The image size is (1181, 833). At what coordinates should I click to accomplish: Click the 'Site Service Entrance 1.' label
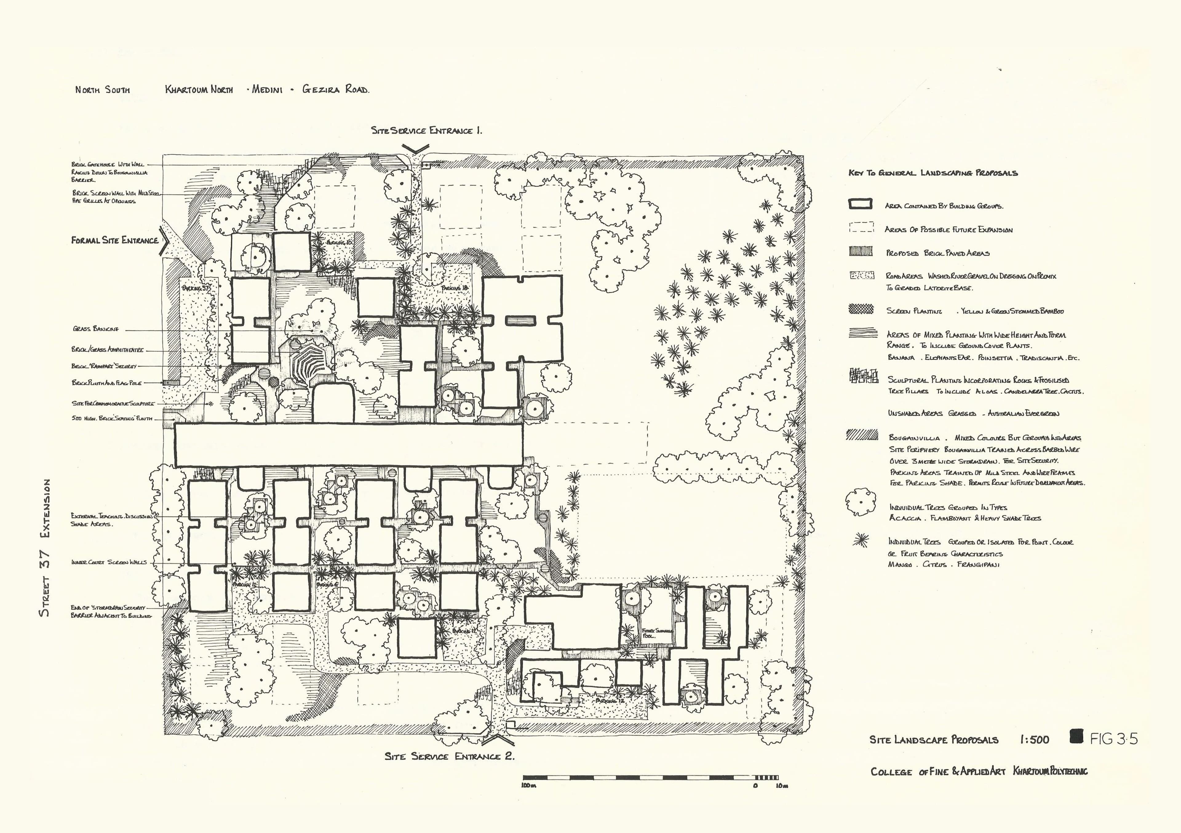[x=426, y=131]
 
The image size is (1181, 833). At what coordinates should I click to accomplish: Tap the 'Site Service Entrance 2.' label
[x=449, y=756]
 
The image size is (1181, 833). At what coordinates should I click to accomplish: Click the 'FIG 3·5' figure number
[x=1114, y=739]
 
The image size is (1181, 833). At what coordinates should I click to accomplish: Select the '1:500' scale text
[x=1034, y=740]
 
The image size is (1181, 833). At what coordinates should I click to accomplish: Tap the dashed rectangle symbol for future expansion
[x=861, y=227]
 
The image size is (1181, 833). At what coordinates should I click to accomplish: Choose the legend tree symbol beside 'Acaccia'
[x=861, y=502]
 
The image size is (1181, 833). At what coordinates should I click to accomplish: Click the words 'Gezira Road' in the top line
[x=335, y=90]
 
